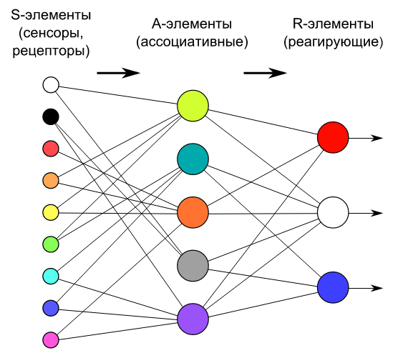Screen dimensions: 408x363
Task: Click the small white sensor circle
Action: pyautogui.click(x=51, y=85)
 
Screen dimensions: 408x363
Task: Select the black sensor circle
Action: pyautogui.click(x=51, y=116)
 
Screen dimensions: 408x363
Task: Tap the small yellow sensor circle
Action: pyautogui.click(x=51, y=212)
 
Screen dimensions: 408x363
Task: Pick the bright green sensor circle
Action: pyautogui.click(x=51, y=244)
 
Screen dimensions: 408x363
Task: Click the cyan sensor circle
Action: pyautogui.click(x=51, y=276)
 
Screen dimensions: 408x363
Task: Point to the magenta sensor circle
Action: pyautogui.click(x=51, y=340)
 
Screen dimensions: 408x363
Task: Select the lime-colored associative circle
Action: pyautogui.click(x=193, y=106)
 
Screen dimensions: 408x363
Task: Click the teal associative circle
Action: pyautogui.click(x=193, y=159)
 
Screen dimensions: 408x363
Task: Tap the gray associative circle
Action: pyautogui.click(x=193, y=266)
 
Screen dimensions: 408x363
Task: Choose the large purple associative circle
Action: pyautogui.click(x=193, y=319)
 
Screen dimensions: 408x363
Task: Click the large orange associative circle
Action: pyautogui.click(x=193, y=212)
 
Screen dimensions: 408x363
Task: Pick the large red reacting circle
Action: pyautogui.click(x=333, y=137)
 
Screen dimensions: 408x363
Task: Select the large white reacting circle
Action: pyautogui.click(x=333, y=212)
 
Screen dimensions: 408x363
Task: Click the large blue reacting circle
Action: pyautogui.click(x=333, y=288)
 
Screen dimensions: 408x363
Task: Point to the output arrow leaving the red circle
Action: pyautogui.click(x=366, y=138)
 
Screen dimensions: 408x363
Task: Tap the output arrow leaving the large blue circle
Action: pyautogui.click(x=366, y=288)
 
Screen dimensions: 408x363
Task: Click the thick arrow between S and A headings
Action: pyautogui.click(x=119, y=73)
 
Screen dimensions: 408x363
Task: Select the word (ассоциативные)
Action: pyautogui.click(x=192, y=42)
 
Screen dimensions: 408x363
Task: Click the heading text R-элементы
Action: pyautogui.click(x=333, y=24)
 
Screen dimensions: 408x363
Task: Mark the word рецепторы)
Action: pyautogui.click(x=51, y=51)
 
